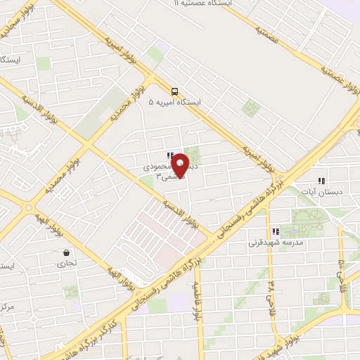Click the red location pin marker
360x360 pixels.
[180, 165]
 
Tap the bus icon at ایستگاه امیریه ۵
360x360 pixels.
[174, 91]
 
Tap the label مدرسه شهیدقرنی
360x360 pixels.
[275, 243]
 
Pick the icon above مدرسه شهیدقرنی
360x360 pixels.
[275, 231]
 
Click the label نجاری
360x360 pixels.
[67, 264]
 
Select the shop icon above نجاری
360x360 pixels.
[66, 253]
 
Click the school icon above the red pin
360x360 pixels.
[169, 155]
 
